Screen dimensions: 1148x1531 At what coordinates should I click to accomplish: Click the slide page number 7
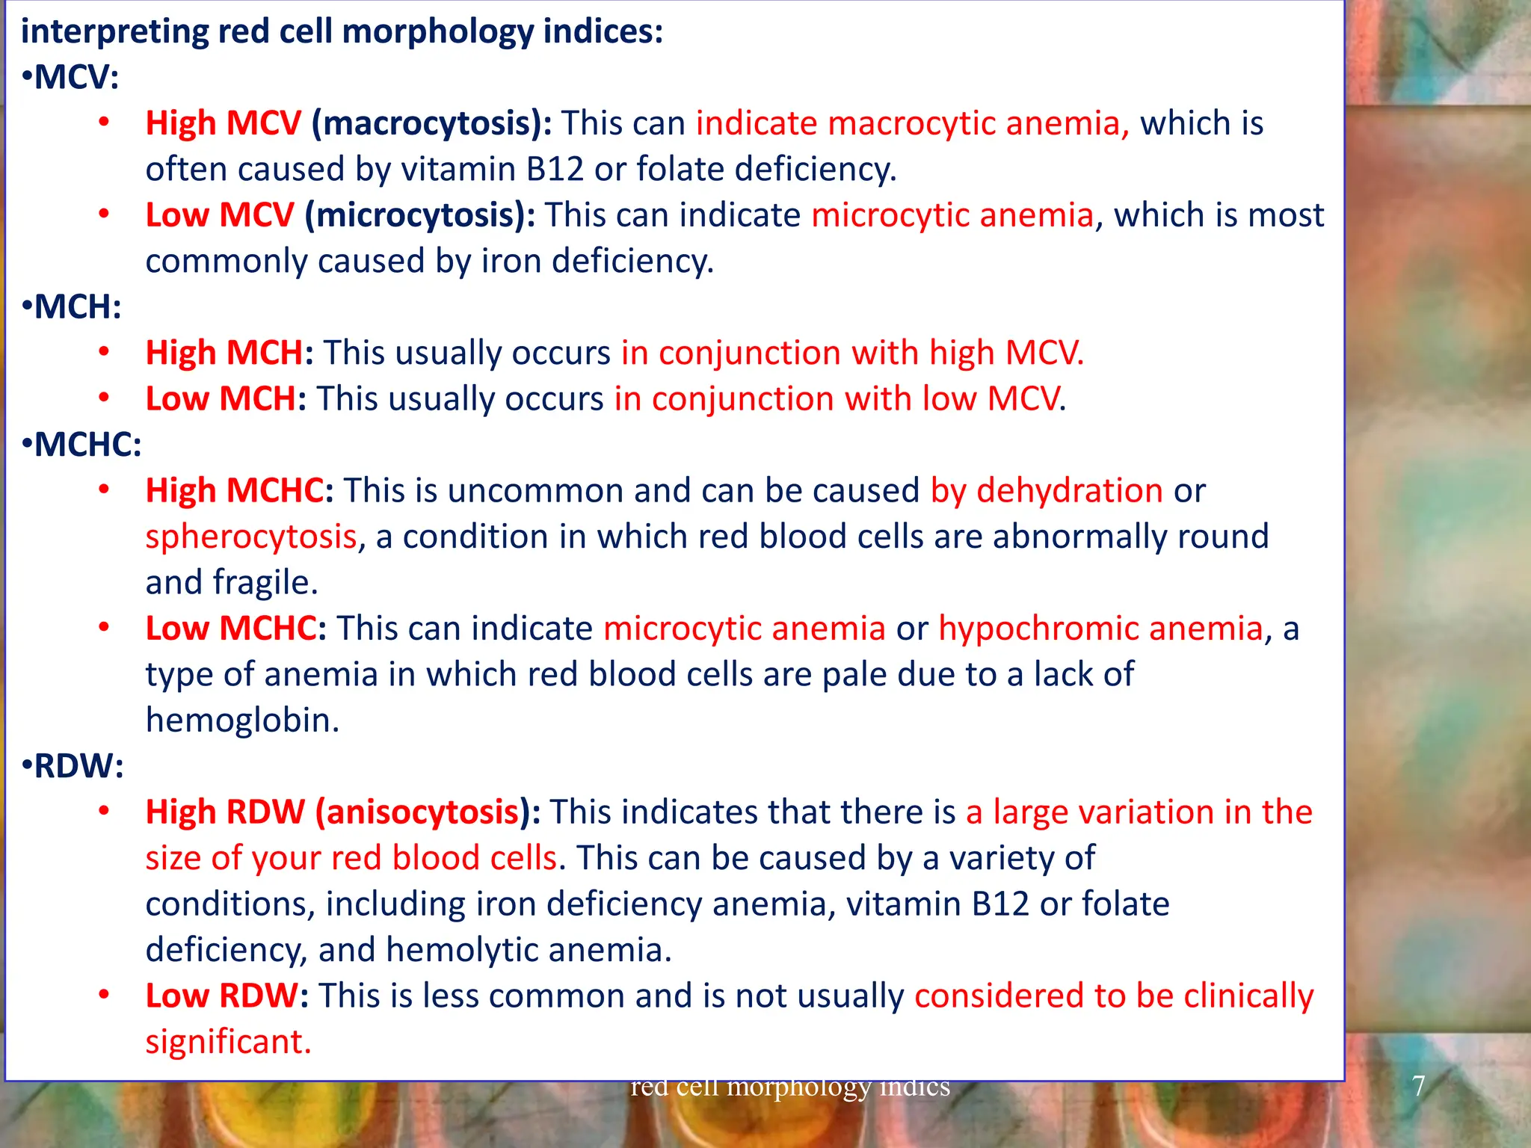click(1418, 1085)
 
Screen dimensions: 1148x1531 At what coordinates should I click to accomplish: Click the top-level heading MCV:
click(76, 77)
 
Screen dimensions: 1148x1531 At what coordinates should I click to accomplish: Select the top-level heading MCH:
click(77, 307)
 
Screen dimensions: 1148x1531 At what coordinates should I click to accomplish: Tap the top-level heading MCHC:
click(87, 445)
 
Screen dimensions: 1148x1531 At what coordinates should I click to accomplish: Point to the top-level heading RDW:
click(78, 766)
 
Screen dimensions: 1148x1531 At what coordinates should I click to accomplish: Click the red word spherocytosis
click(251, 537)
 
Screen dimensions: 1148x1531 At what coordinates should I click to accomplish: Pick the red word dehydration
click(1069, 491)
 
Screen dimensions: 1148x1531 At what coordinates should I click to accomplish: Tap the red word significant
click(227, 1042)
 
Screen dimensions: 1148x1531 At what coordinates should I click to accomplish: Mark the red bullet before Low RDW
click(105, 995)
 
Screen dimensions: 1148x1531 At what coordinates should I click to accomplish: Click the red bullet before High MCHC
click(105, 490)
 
